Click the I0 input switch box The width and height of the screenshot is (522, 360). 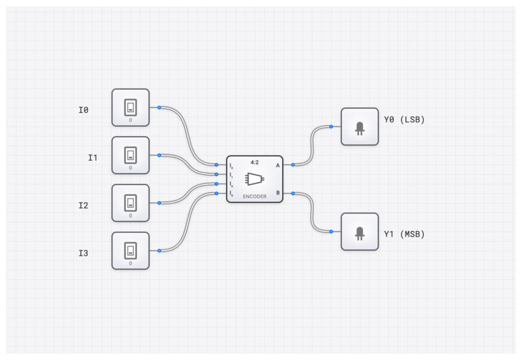[x=130, y=107]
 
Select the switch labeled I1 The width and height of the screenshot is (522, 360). [x=130, y=155]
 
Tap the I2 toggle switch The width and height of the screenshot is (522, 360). [x=130, y=203]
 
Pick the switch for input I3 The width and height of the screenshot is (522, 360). [x=130, y=251]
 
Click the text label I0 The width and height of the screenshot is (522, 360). [x=83, y=110]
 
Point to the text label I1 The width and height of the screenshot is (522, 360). [x=93, y=158]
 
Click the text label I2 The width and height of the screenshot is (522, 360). [x=83, y=205]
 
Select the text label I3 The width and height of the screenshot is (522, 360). [x=83, y=253]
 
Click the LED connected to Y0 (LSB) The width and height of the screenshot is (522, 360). [x=360, y=127]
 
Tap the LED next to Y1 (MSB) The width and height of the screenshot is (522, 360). [x=360, y=232]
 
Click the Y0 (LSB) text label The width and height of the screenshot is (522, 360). [x=404, y=120]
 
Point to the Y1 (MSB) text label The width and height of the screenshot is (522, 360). [x=404, y=234]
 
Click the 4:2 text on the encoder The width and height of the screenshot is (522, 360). [x=255, y=162]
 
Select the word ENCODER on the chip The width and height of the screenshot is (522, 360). [x=255, y=197]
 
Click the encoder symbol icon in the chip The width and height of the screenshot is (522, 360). [x=255, y=179]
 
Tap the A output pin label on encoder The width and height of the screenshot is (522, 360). [x=278, y=165]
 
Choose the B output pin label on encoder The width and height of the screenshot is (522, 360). [x=278, y=193]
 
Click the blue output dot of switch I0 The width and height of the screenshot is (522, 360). [x=159, y=107]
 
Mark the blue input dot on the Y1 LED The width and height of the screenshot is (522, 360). [x=331, y=232]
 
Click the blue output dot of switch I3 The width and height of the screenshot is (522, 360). [x=159, y=251]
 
